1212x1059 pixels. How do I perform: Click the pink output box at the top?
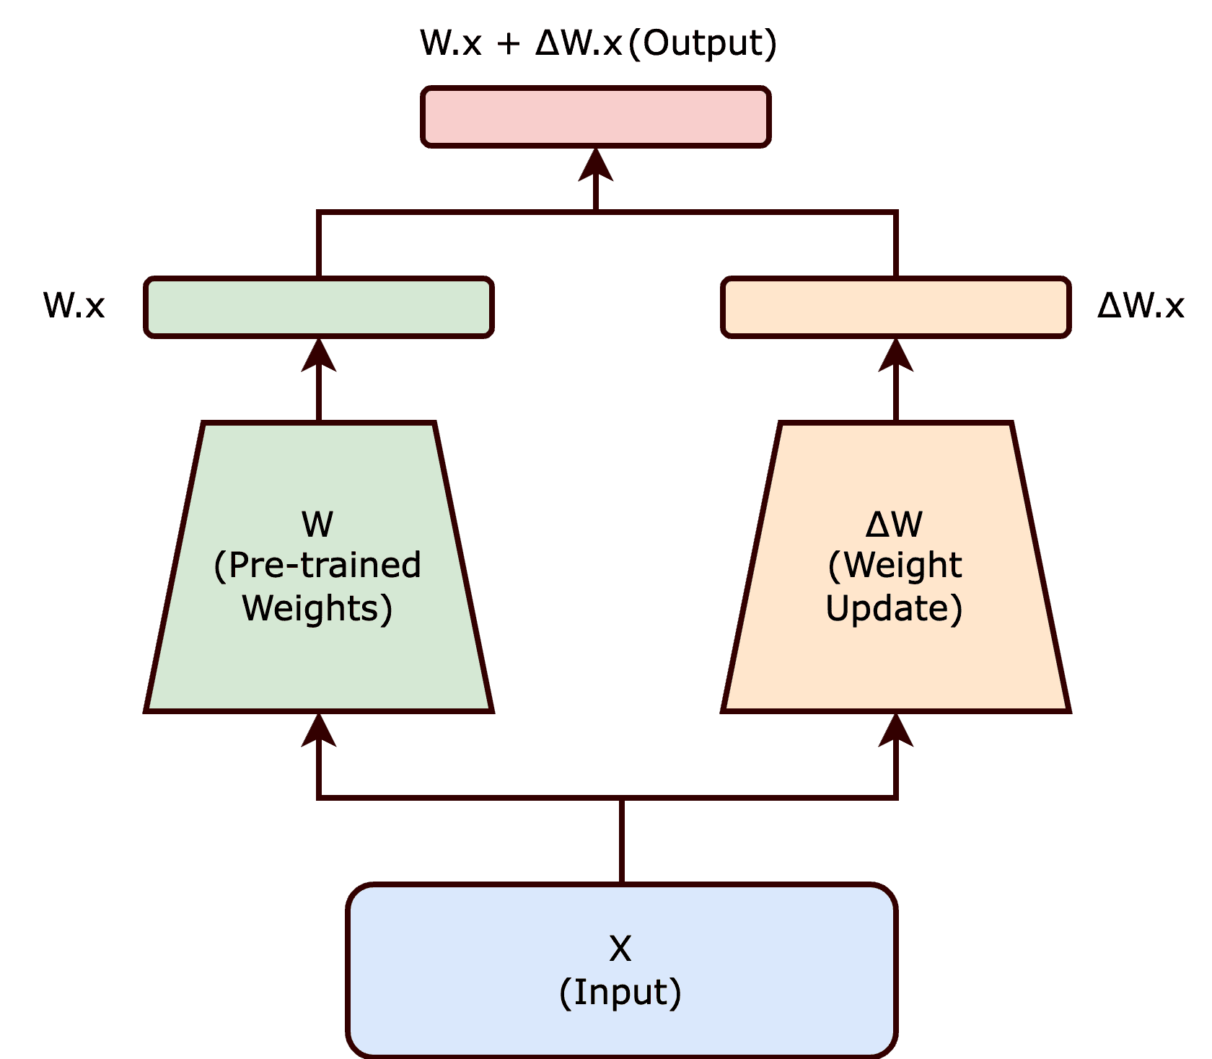(x=596, y=117)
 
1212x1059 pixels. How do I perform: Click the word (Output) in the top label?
(x=703, y=43)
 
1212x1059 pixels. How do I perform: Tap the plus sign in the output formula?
(x=508, y=43)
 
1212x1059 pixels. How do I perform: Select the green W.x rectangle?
(x=319, y=307)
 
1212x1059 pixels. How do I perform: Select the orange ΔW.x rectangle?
(x=896, y=307)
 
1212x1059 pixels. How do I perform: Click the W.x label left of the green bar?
(x=74, y=305)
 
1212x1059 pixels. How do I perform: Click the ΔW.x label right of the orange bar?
(x=1141, y=305)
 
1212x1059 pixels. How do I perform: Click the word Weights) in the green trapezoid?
(x=317, y=608)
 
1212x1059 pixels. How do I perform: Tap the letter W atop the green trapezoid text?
(x=317, y=524)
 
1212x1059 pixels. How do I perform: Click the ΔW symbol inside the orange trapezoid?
(x=895, y=524)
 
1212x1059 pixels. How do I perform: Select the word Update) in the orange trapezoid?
(x=895, y=608)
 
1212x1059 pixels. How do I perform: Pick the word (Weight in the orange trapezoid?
(x=895, y=565)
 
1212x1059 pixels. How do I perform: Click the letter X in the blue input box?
(x=620, y=949)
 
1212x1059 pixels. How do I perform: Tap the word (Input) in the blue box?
(x=620, y=993)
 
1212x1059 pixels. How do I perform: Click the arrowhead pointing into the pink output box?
(x=596, y=166)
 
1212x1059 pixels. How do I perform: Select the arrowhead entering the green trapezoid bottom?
(x=319, y=730)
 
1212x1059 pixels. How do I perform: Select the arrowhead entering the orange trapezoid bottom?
(x=896, y=730)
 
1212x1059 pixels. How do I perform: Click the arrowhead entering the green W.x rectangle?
(x=319, y=356)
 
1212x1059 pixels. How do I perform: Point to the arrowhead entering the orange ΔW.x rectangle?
(x=896, y=356)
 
